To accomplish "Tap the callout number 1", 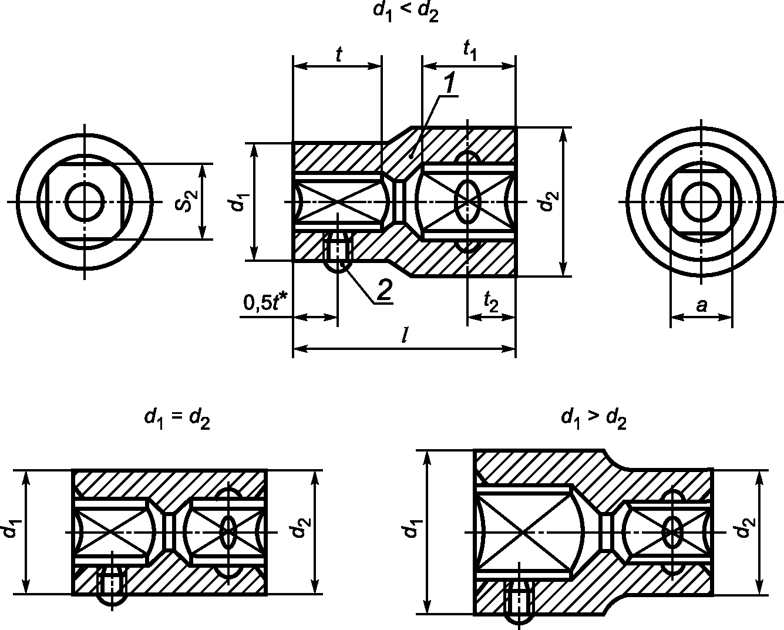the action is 450,83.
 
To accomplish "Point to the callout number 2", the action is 384,290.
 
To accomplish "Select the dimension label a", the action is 701,305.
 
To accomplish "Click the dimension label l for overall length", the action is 404,335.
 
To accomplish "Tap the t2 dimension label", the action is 491,302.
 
